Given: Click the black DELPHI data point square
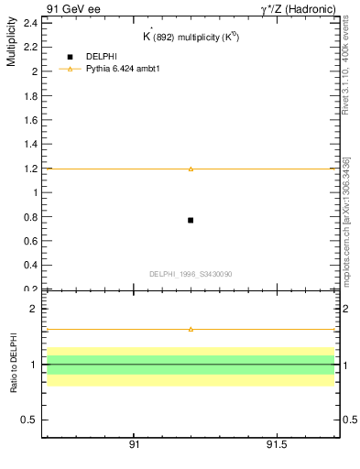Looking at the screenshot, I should (191, 220).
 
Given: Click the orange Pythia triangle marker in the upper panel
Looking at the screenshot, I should (191, 169).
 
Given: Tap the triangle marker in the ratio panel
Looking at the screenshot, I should (191, 329).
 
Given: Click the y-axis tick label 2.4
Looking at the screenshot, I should (30, 23).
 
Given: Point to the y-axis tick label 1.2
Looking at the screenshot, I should (30, 169).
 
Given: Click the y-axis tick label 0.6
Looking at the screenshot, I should (30, 241).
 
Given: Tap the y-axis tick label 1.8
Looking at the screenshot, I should (30, 95).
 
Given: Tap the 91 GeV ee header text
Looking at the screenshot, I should (73, 8).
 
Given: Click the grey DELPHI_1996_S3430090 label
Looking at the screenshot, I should (191, 274).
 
